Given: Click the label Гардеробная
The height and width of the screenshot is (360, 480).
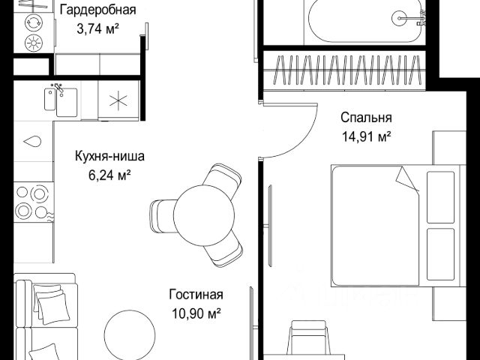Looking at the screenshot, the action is (98, 10).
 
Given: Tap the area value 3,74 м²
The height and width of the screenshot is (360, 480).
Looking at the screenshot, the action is (97, 29).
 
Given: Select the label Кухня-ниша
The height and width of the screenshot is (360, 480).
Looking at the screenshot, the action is (109, 156).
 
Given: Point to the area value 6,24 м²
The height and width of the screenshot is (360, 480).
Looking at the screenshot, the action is (109, 175).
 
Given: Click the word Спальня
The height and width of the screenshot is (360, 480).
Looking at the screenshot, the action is (366, 118).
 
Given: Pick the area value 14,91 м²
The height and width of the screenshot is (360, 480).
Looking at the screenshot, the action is (366, 136).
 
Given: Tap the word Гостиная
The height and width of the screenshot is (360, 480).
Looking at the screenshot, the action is (196, 295).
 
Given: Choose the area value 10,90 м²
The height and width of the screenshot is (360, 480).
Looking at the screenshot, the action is (196, 313).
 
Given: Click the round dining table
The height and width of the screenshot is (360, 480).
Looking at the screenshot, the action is (204, 215).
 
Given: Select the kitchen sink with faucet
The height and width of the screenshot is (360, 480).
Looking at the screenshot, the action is (61, 100).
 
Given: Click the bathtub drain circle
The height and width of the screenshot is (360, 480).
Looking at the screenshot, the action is (400, 18).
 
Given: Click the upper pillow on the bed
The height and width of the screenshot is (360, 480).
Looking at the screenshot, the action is (440, 197).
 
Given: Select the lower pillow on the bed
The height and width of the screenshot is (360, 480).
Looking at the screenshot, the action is (440, 254).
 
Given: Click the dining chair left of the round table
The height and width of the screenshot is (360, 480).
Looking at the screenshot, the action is (163, 217).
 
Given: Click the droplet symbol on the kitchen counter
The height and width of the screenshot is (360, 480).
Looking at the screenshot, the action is (32, 142).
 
